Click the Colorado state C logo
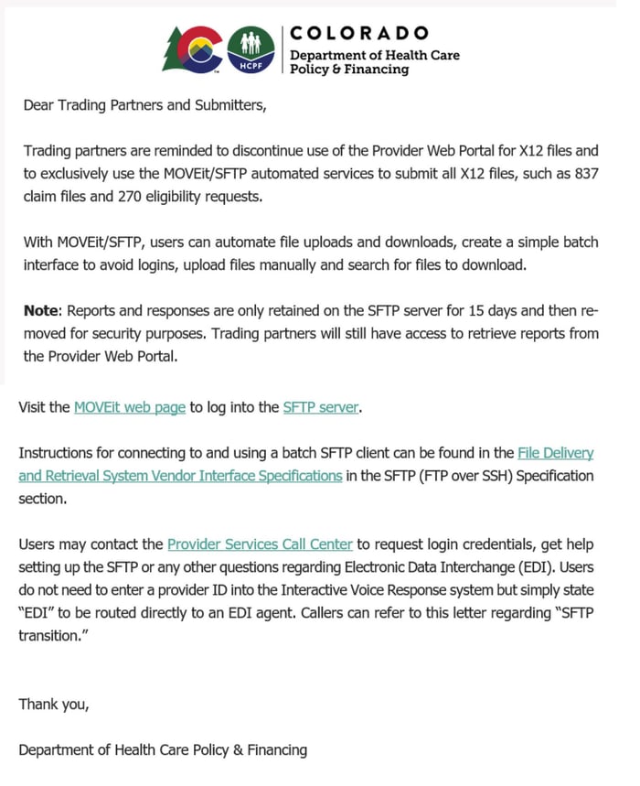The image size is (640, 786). [x=191, y=48]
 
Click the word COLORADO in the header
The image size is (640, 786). [x=358, y=33]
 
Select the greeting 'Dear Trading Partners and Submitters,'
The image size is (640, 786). [x=144, y=105]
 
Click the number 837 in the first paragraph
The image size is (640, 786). [x=586, y=174]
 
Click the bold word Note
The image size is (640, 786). [x=40, y=311]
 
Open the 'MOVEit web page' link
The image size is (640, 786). [x=130, y=407]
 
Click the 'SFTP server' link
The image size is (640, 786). [x=321, y=407]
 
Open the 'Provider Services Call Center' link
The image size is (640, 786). [x=260, y=544]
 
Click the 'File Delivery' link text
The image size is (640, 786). [x=556, y=453]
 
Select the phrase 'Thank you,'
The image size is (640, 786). [x=54, y=705]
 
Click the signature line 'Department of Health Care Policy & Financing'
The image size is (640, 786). [x=163, y=750]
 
